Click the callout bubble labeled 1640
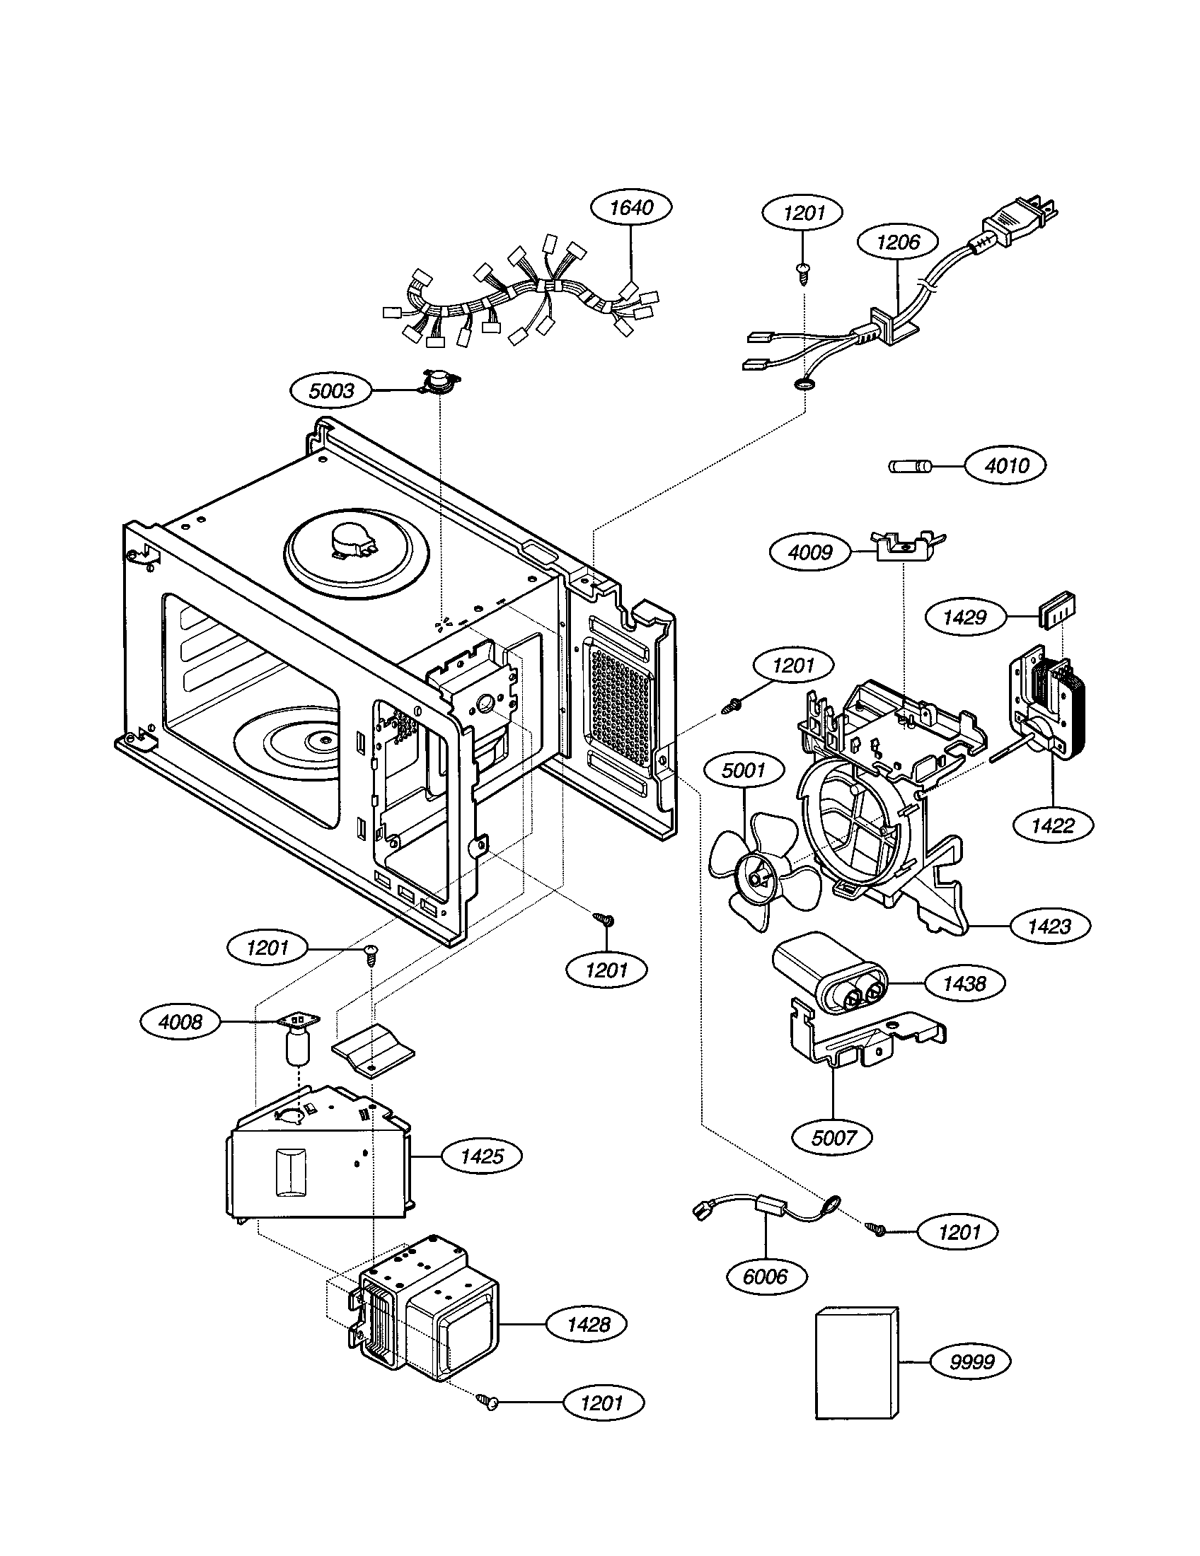click(x=631, y=207)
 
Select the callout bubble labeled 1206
click(x=898, y=242)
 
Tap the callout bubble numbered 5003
click(x=332, y=390)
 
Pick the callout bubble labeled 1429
click(x=965, y=617)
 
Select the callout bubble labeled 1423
click(x=1049, y=927)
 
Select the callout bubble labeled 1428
click(x=588, y=1325)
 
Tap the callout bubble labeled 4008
click(x=180, y=1023)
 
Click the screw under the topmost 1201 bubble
click(x=804, y=273)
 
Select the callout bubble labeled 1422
click(x=1053, y=825)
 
